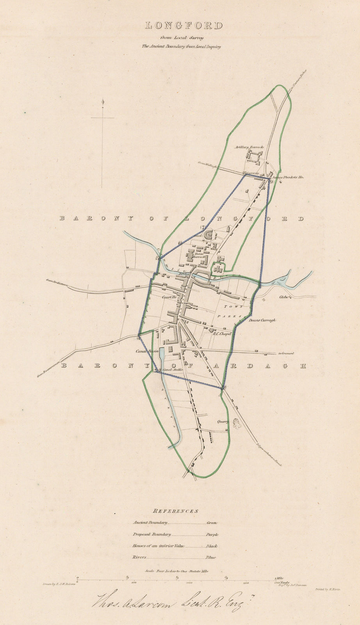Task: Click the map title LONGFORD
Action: click(184, 26)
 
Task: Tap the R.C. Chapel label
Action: click(222, 334)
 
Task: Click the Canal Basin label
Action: click(147, 351)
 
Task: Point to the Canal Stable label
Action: click(173, 370)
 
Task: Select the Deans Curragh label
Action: click(262, 320)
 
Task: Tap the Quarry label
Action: click(223, 422)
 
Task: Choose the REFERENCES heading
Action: click(176, 511)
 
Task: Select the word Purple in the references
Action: click(212, 534)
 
